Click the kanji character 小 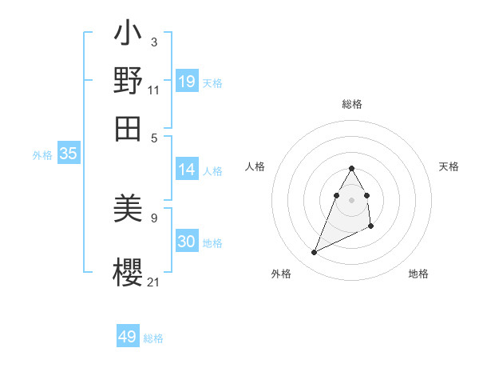(129, 36)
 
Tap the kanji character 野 (129, 81)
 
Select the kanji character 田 (129, 126)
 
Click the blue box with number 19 (187, 82)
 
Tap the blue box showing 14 (187, 170)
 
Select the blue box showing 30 (187, 242)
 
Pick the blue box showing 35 (68, 154)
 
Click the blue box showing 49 (128, 337)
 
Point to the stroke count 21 (154, 282)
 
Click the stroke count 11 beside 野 (154, 90)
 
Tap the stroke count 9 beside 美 (154, 217)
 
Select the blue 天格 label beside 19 (212, 83)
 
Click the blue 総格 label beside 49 (153, 338)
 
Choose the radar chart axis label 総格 (352, 104)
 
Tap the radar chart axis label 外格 (281, 274)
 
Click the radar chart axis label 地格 (418, 274)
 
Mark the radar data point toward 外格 (315, 253)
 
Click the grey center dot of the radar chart (351, 199)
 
